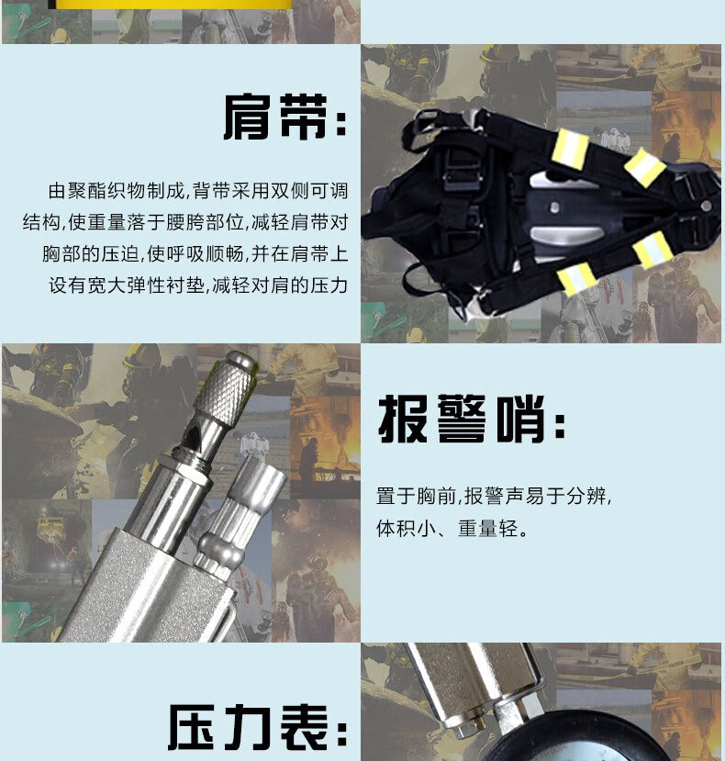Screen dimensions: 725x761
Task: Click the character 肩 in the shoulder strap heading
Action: coord(248,117)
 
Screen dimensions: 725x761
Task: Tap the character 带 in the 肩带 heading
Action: coord(304,117)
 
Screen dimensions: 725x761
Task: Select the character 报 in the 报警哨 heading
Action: coord(403,419)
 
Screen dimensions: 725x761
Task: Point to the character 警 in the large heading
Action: coord(461,419)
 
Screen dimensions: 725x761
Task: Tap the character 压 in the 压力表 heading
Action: coord(192,728)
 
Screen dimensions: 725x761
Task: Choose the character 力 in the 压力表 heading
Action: coord(249,728)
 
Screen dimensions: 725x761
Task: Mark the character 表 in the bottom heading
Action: coord(305,728)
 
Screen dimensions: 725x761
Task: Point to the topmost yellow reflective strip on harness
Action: coord(571,148)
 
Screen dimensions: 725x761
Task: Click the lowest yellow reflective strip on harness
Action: coord(576,278)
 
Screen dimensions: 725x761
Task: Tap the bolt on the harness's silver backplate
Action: coord(554,208)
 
